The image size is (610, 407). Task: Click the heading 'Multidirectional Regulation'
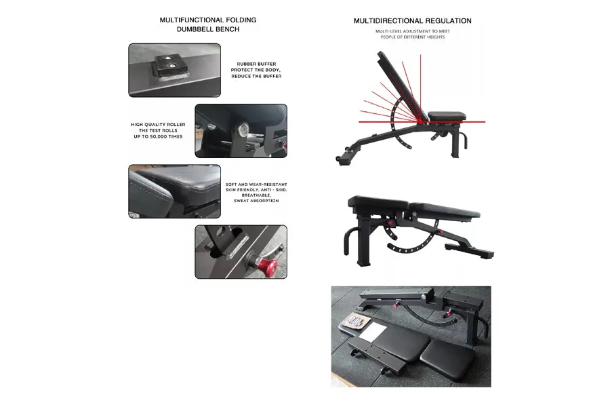(x=412, y=20)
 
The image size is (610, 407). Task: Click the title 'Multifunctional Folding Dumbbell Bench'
(x=208, y=24)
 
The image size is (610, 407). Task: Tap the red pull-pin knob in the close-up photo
(x=268, y=266)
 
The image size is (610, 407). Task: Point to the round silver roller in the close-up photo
(x=244, y=128)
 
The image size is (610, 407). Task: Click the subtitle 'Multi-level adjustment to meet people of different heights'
(x=412, y=34)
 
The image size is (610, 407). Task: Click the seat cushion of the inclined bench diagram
(x=447, y=116)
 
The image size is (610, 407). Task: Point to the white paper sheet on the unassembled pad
(x=372, y=331)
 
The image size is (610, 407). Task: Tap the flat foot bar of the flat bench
(x=470, y=250)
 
